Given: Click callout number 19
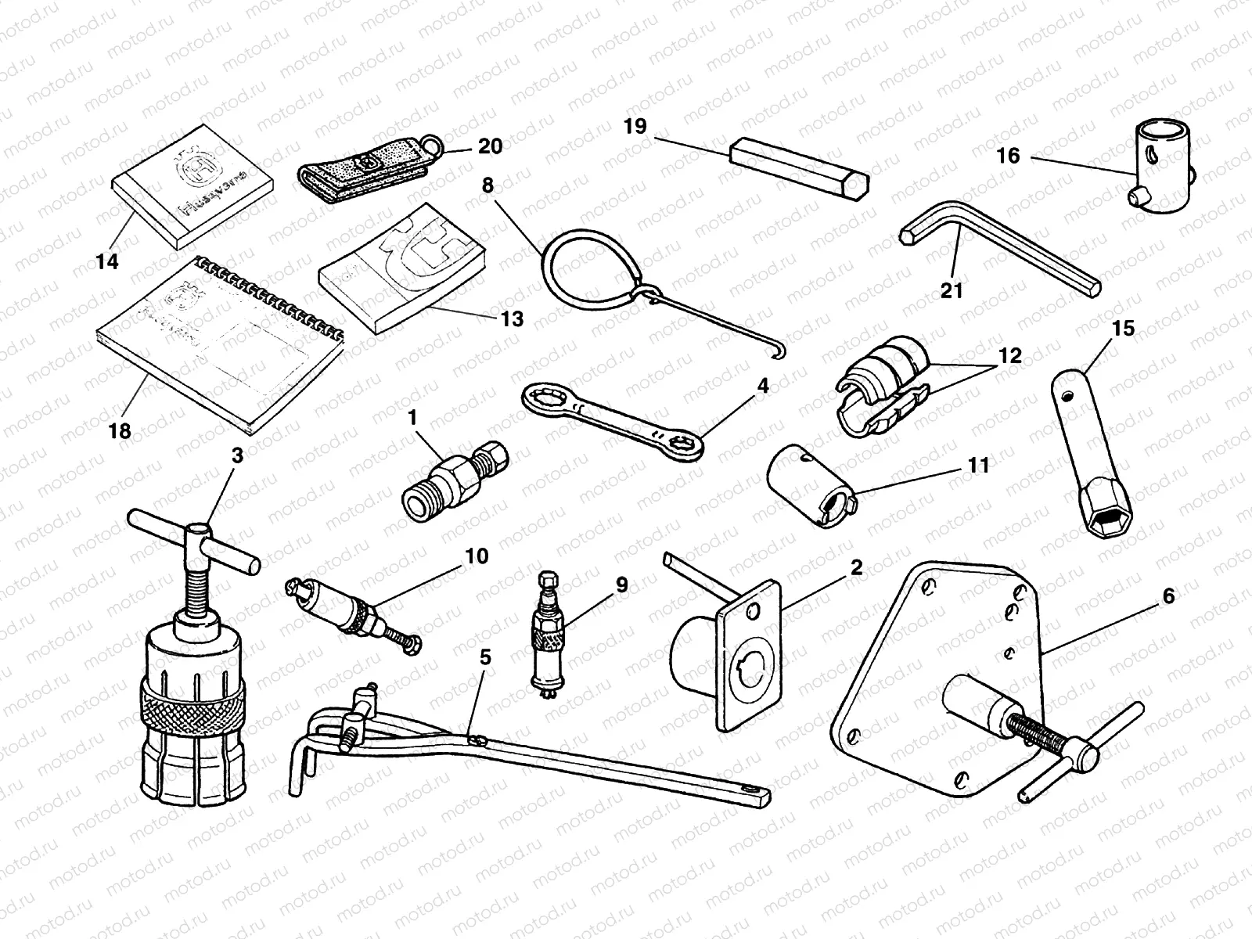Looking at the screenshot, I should pyautogui.click(x=635, y=126).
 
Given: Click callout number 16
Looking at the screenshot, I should pyautogui.click(x=1008, y=156).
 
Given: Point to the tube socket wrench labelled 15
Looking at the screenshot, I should pyautogui.click(x=1092, y=446).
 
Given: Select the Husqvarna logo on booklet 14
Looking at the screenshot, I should pyautogui.click(x=188, y=167).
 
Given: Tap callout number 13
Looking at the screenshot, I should pyautogui.click(x=513, y=319).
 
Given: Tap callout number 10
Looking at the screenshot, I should pyautogui.click(x=476, y=556).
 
